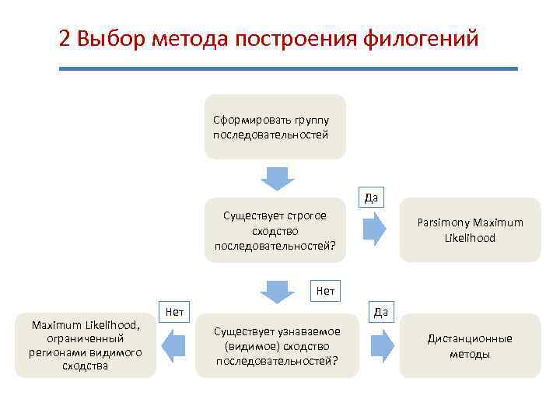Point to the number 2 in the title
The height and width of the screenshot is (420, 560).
[x=65, y=38]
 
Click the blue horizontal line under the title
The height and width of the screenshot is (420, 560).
[x=288, y=68]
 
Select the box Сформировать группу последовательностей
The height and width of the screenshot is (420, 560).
[x=275, y=127]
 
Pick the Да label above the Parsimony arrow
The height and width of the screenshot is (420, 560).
[x=372, y=198]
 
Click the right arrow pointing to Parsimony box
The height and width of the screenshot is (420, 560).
[x=374, y=229]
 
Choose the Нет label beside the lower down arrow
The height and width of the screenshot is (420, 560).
[x=325, y=292]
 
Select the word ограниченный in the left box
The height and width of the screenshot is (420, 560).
[x=85, y=338]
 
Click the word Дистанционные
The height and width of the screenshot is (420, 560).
[x=470, y=338]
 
